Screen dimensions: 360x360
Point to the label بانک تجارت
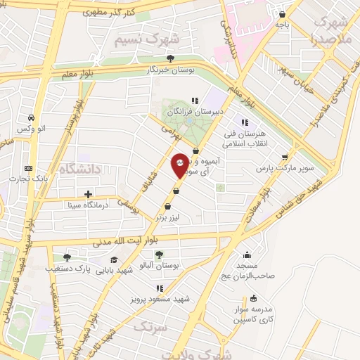coord(25,179)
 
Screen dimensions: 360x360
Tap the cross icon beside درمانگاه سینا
coord(88,194)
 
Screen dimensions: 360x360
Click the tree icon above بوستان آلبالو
coord(159,255)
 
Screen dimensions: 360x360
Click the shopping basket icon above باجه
coord(282,14)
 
